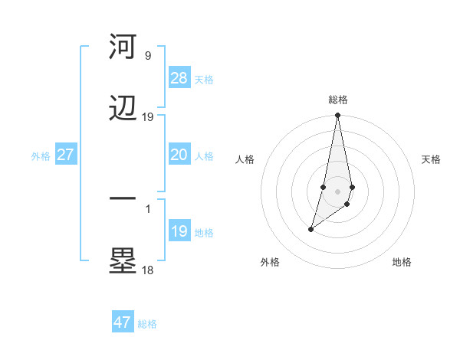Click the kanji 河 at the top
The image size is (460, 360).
(123, 47)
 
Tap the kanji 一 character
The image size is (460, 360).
(123, 199)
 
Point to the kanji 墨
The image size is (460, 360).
(123, 262)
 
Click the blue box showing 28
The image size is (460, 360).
(179, 78)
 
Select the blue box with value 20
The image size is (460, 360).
(179, 155)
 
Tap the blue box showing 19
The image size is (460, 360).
(179, 231)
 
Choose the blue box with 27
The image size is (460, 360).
(65, 155)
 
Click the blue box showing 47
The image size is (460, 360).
(122, 322)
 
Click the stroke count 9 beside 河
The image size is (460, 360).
(147, 56)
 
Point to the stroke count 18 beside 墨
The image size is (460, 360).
(147, 270)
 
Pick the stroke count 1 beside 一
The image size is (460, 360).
(147, 208)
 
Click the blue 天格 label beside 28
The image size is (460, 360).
(204, 80)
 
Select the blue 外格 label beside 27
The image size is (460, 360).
(41, 156)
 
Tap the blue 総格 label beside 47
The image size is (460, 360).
(147, 324)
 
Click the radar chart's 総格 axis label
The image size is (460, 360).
(337, 100)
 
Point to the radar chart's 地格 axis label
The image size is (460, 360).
(402, 262)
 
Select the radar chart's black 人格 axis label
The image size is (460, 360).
(245, 159)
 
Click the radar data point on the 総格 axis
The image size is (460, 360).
(337, 116)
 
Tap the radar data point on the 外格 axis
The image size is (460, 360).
(310, 229)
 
